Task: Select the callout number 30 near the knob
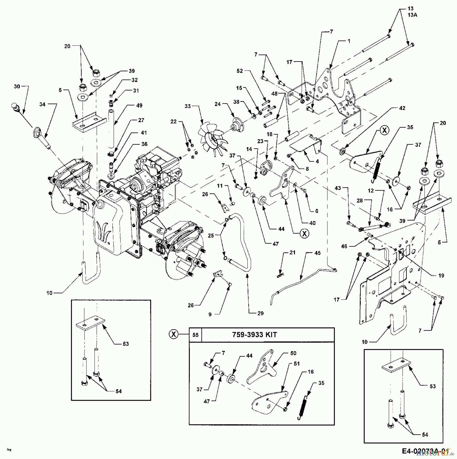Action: (17, 87)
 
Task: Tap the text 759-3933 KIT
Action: (254, 335)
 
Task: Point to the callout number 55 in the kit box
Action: (195, 335)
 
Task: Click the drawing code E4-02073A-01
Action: (425, 451)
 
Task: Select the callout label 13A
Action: (412, 15)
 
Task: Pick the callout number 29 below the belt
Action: (260, 313)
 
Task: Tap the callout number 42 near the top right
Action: (402, 108)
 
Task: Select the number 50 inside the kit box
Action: (293, 353)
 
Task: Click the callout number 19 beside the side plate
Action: (441, 275)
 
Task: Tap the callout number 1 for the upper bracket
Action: (349, 41)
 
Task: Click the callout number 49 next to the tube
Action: (139, 105)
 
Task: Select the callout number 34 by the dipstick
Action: (42, 104)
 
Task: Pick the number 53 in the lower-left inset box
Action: (126, 344)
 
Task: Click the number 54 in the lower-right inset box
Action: (425, 435)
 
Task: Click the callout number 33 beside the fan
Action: (188, 106)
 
